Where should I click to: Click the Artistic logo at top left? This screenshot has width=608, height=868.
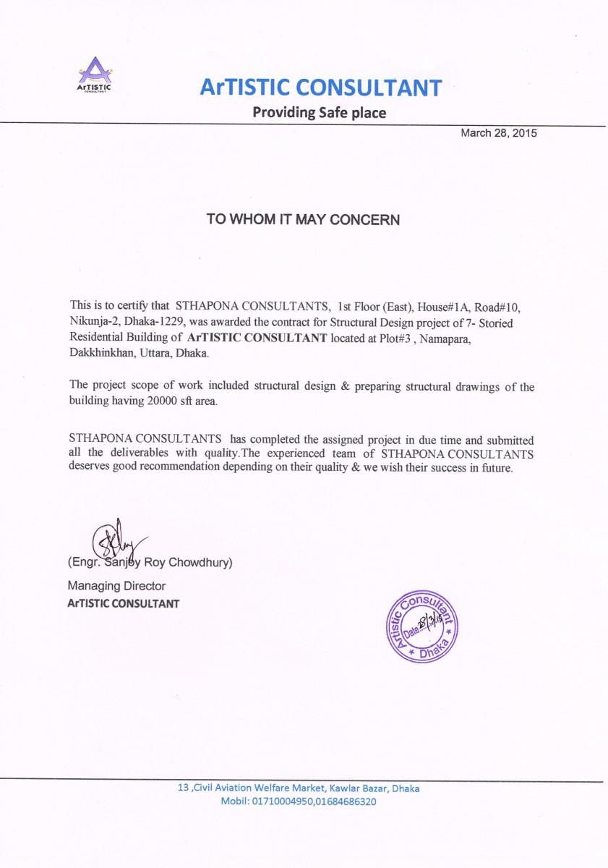tap(94, 75)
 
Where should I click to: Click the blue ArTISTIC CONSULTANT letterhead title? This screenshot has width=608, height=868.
tap(320, 88)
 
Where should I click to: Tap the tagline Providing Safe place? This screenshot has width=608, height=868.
tap(319, 113)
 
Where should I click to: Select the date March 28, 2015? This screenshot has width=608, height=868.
tap(499, 133)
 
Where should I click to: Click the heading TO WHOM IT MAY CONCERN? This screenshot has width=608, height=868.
tap(303, 219)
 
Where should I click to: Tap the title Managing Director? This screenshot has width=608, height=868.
tap(116, 586)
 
